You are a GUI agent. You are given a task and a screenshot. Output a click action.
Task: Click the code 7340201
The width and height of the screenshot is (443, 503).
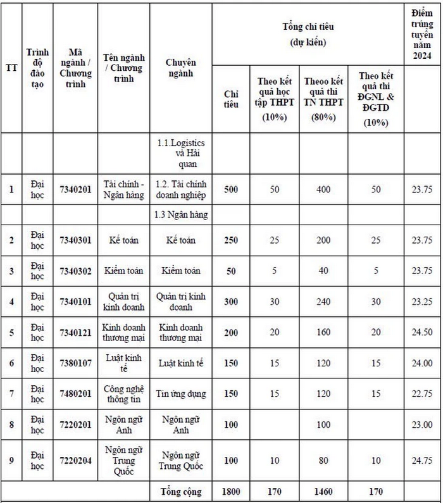click(x=75, y=189)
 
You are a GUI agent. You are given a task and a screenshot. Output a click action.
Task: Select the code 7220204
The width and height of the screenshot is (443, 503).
click(x=75, y=461)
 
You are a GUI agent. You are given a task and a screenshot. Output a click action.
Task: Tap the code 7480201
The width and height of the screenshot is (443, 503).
click(x=75, y=394)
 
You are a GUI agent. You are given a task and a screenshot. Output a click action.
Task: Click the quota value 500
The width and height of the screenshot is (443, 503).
click(x=231, y=189)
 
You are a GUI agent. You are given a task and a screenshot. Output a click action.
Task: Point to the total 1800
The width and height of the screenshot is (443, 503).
click(x=231, y=492)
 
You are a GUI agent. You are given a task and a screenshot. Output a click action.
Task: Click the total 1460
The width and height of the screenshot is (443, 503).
click(x=323, y=492)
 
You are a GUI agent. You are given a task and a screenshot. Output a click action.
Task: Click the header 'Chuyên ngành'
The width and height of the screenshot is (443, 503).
click(x=181, y=68)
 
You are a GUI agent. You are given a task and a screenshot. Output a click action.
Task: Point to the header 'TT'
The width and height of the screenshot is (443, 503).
click(x=11, y=68)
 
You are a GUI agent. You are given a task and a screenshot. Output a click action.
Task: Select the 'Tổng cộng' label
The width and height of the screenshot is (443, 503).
click(x=181, y=492)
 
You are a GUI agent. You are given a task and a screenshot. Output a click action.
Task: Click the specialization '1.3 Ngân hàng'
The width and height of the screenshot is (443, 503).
click(x=181, y=214)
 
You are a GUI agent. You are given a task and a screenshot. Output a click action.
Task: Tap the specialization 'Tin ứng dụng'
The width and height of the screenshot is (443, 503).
click(x=181, y=394)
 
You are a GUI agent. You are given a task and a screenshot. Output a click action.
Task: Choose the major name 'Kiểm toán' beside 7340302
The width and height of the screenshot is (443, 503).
click(x=123, y=271)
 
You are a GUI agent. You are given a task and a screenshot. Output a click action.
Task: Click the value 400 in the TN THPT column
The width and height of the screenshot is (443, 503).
click(x=323, y=189)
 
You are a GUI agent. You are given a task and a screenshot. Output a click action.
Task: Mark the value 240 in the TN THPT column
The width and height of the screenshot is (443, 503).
click(x=323, y=302)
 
